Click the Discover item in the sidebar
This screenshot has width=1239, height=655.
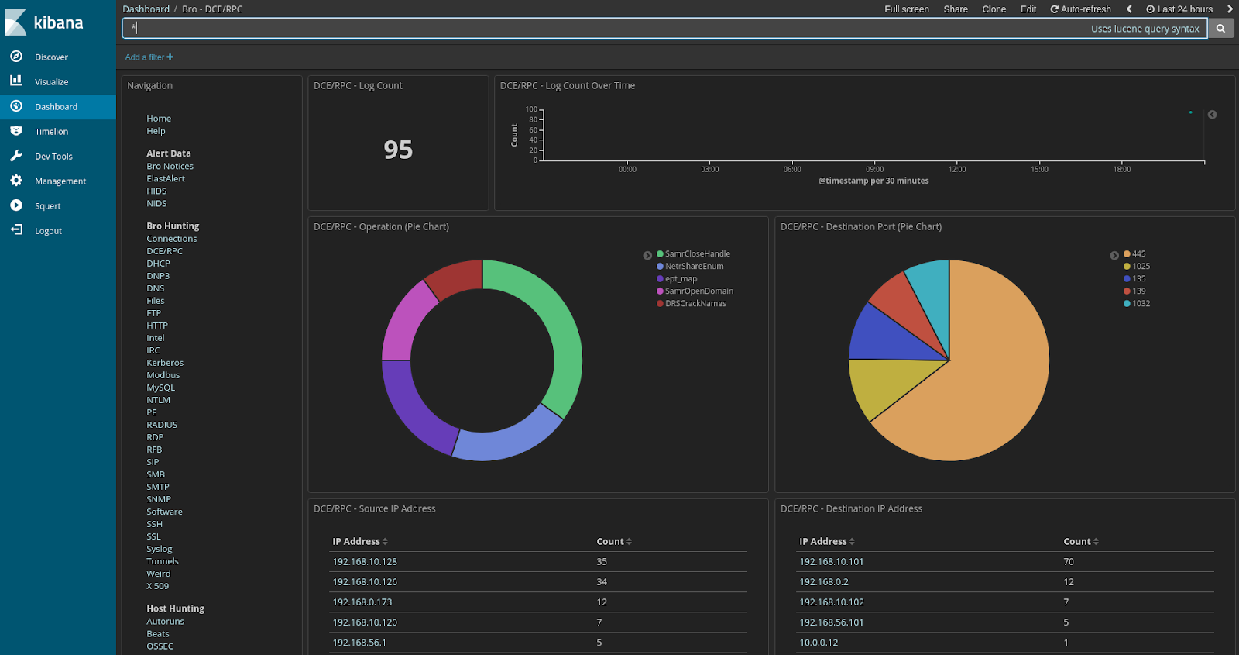(51, 57)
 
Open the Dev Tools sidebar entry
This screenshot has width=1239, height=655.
(53, 157)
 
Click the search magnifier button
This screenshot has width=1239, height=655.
(1220, 29)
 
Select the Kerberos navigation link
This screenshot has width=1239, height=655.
(165, 363)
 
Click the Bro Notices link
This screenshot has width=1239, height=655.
(170, 167)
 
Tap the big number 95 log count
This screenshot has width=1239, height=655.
(398, 150)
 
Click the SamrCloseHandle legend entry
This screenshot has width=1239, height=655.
(697, 254)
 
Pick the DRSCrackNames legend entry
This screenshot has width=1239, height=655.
(695, 304)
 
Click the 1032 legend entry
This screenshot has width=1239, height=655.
(1141, 304)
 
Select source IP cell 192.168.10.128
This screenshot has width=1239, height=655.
(365, 562)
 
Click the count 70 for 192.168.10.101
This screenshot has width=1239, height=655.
(1069, 562)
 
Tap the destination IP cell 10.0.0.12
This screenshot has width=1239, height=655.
(819, 643)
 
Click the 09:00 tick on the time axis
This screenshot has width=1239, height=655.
(874, 169)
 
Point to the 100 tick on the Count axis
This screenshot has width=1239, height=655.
(531, 109)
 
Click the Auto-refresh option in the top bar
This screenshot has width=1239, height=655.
(1080, 9)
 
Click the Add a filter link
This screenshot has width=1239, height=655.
(149, 57)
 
